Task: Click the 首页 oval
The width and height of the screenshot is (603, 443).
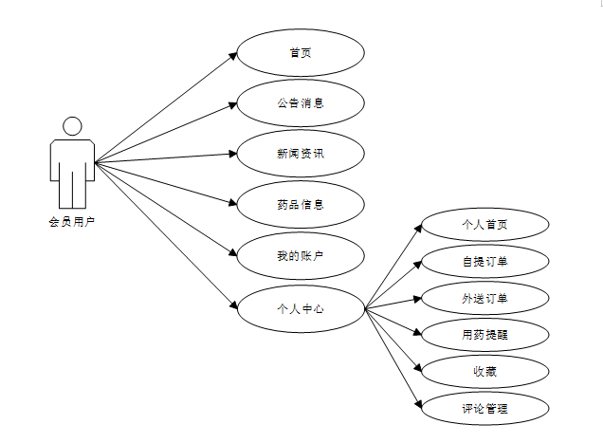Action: [301, 52]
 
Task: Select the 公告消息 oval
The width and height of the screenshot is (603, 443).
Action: [301, 103]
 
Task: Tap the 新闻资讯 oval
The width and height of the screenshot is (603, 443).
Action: [301, 154]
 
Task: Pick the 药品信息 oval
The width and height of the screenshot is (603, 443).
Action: [301, 204]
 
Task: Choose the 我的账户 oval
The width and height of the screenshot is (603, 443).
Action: [301, 255]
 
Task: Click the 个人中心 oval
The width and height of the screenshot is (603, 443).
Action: [301, 307]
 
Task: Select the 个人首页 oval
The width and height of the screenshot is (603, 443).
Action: [484, 225]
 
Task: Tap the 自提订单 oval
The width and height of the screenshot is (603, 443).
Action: [484, 261]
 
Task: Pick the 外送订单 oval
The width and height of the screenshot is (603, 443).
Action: [484, 298]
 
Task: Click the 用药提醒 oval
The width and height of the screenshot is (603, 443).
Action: [484, 334]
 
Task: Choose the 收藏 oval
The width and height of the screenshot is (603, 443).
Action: [484, 371]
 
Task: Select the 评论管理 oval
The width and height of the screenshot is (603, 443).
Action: [484, 409]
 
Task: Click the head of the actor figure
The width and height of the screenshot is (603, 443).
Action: [71, 126]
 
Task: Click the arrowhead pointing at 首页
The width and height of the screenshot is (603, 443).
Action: [232, 55]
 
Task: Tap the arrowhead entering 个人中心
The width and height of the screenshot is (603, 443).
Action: [232, 305]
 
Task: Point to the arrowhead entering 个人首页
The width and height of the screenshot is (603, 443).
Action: [416, 228]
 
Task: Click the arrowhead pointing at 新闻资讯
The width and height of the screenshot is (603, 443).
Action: [232, 154]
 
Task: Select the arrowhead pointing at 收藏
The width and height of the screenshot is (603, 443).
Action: [416, 370]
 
